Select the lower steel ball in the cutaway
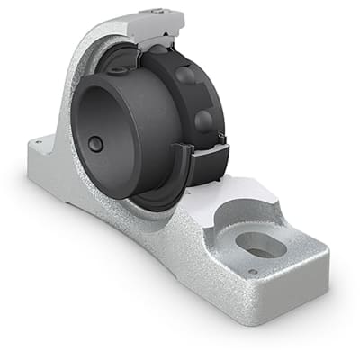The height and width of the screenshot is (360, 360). (203, 121)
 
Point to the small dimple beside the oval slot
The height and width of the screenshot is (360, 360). (253, 273)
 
